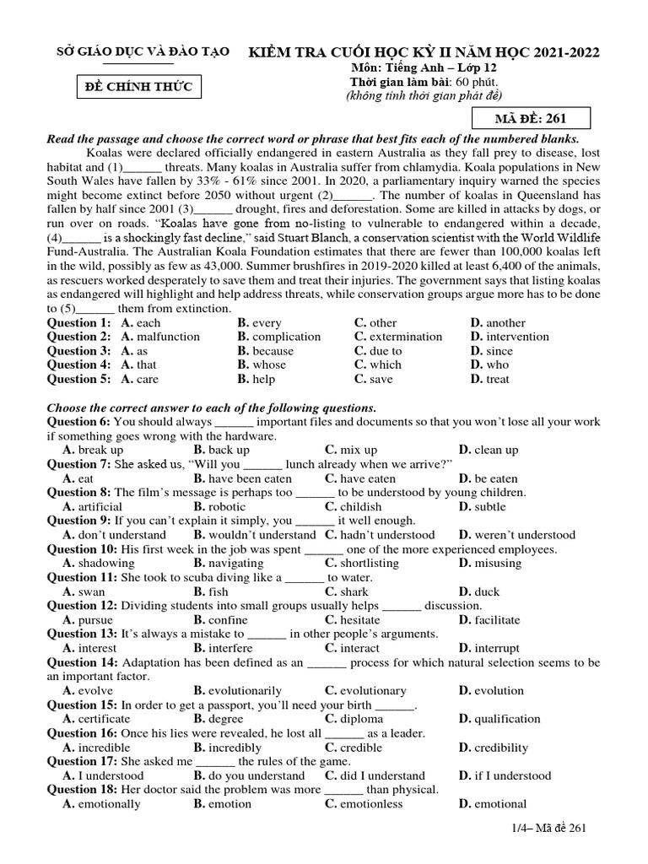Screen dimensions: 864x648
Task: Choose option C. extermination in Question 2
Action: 397,337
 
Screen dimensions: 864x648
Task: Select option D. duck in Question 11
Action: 479,591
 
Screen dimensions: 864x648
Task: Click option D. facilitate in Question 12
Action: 489,620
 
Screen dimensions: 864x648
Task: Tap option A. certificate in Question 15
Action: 96,719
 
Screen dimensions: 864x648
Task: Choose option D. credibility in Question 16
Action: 493,748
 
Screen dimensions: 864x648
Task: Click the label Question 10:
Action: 82,549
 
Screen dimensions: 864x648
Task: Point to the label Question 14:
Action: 82,662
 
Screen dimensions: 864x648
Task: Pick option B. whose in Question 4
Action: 262,364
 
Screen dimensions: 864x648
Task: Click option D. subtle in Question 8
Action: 483,506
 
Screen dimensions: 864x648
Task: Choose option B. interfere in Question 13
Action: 223,648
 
